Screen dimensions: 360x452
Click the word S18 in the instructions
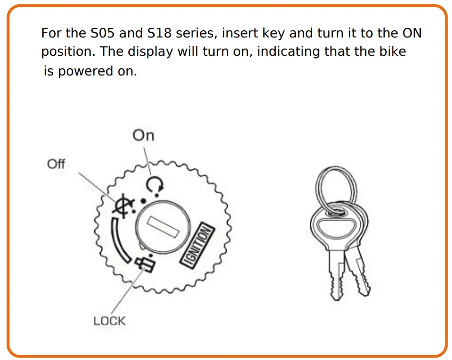[157, 34]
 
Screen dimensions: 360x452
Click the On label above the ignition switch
[143, 136]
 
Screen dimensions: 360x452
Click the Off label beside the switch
[56, 164]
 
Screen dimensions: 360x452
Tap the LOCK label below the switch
[110, 321]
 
